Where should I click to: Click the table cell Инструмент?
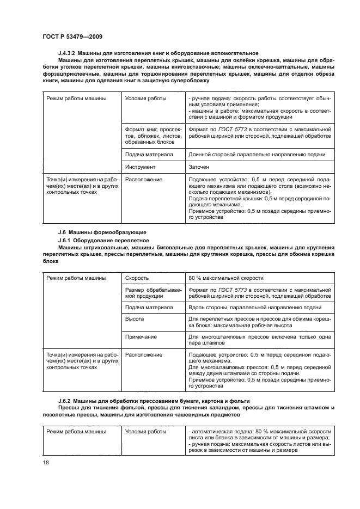[x=140, y=167]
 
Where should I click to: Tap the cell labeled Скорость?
[x=137, y=278]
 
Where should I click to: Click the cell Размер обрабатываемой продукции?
[x=151, y=293]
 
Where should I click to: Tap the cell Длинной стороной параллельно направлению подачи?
[x=256, y=155]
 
